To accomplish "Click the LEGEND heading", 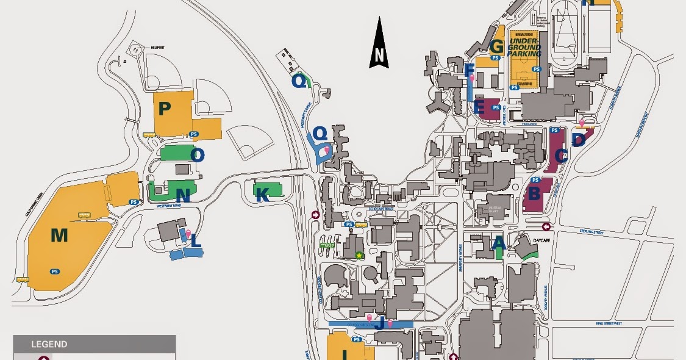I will [49, 344].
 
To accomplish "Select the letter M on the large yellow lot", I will [59, 235].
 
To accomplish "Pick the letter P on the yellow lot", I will [163, 109].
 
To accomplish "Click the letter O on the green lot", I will [197, 155].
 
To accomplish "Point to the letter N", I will [183, 195].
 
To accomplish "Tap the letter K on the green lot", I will [262, 195].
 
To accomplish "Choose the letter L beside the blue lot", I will [196, 241].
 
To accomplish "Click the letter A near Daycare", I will [498, 243].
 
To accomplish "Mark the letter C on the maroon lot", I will [562, 156].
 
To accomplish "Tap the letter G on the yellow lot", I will [496, 46].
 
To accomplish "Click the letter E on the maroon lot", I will [479, 109].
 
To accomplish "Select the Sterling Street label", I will [592, 231].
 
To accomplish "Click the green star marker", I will [359, 255].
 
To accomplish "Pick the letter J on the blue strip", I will [379, 323].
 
